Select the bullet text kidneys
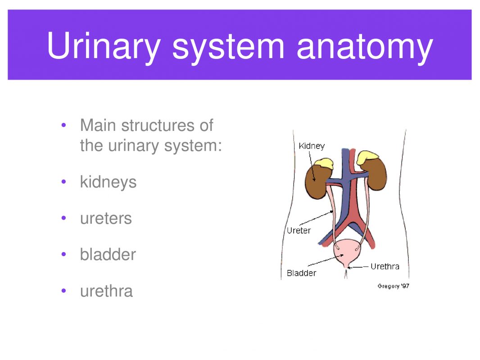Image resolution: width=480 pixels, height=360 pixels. [x=108, y=182]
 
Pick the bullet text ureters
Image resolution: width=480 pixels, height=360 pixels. [x=106, y=219]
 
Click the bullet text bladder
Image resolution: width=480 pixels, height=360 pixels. [x=108, y=255]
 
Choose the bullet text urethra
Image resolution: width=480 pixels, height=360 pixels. [x=106, y=291]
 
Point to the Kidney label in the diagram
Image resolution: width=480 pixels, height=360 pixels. [x=312, y=146]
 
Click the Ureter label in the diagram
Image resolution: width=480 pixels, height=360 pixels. [x=299, y=231]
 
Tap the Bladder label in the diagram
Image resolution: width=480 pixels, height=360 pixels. [x=301, y=273]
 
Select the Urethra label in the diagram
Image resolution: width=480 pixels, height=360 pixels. [x=385, y=266]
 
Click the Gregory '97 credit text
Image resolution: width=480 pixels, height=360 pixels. [x=393, y=286]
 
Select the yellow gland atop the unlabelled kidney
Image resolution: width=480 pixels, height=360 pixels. [x=368, y=157]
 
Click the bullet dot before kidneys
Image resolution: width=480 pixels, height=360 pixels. [x=64, y=182]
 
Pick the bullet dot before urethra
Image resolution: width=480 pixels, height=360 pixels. [x=64, y=291]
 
